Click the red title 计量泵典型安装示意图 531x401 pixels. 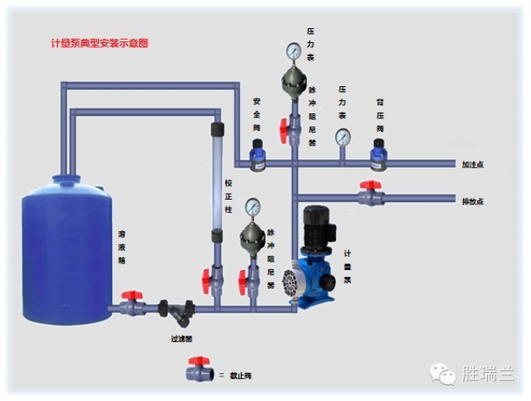click(x=100, y=42)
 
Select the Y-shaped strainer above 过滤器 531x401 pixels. click(x=174, y=313)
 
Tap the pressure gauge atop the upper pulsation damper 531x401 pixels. click(x=292, y=51)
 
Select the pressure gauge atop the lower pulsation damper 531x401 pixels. click(x=252, y=206)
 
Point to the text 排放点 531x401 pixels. click(x=472, y=201)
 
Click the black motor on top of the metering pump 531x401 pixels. click(x=317, y=224)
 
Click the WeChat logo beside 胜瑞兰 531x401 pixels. click(x=443, y=374)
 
